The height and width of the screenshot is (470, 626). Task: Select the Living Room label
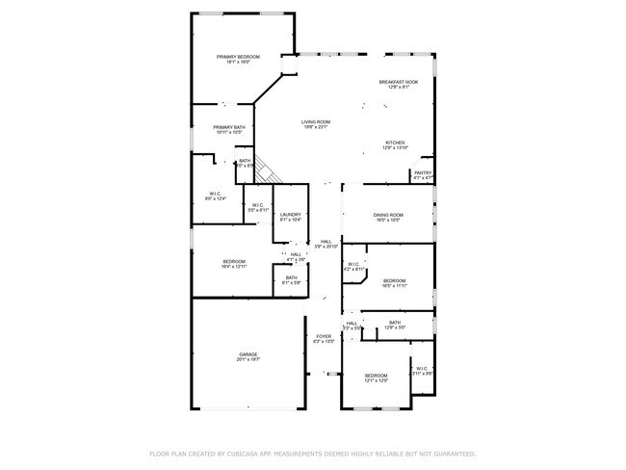(x=316, y=124)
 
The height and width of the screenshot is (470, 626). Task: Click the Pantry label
(x=423, y=175)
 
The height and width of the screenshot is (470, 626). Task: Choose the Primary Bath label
(x=229, y=130)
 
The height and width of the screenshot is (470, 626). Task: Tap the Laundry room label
(x=291, y=217)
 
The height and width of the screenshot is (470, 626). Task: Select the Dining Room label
(x=388, y=217)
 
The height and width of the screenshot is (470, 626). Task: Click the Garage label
(x=248, y=356)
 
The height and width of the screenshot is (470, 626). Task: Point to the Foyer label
(x=324, y=338)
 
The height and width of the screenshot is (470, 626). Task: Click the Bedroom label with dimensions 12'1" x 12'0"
(x=376, y=378)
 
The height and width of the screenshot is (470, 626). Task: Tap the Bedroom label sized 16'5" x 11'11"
(x=396, y=281)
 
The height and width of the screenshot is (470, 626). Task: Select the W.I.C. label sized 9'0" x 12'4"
(x=216, y=196)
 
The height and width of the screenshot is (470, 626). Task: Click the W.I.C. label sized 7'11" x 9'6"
(x=422, y=370)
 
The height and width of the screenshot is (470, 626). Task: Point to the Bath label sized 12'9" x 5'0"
(x=395, y=325)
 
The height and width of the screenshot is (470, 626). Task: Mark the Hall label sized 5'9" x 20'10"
(x=326, y=244)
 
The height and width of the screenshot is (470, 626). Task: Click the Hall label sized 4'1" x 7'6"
(x=296, y=257)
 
